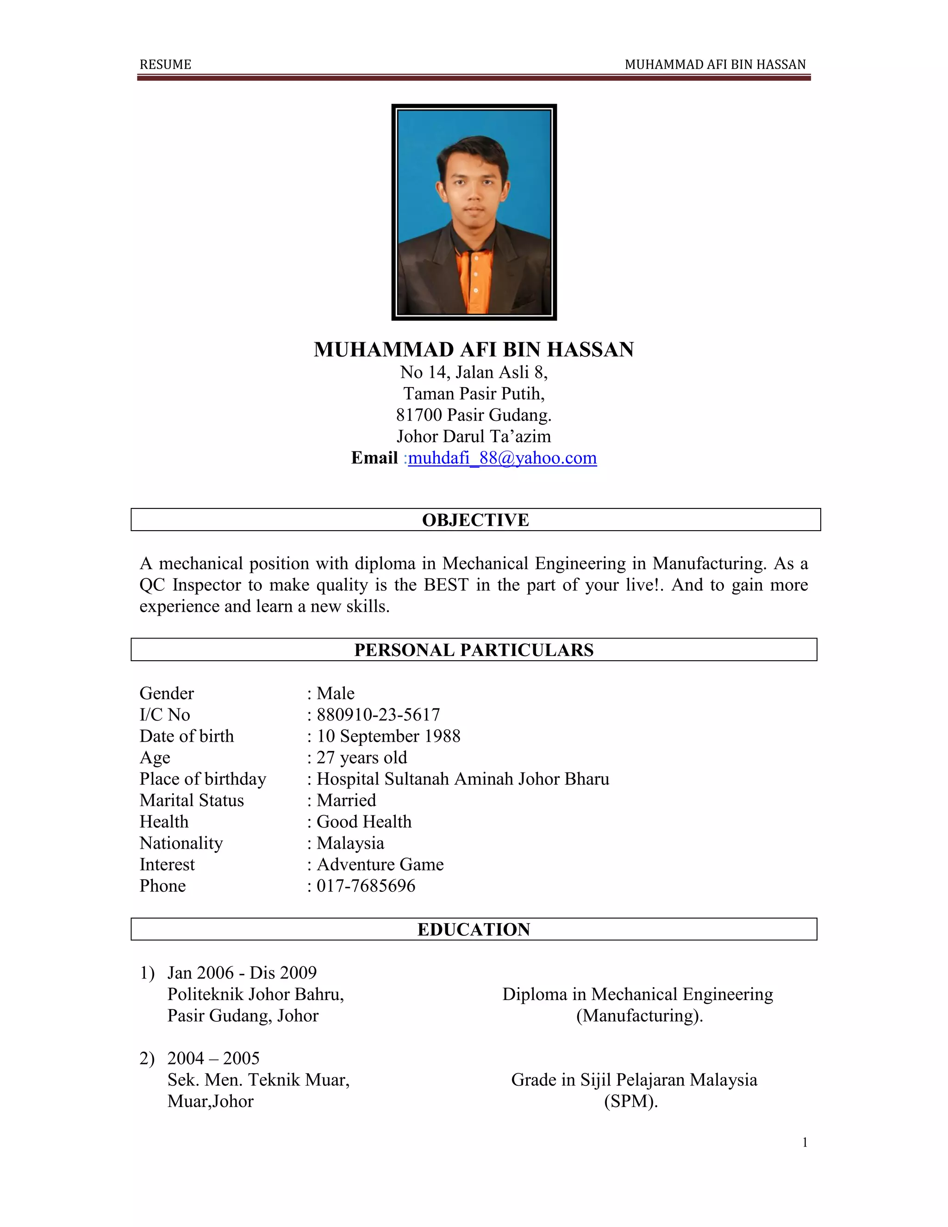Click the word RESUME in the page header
coord(165,65)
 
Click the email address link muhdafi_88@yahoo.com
coord(502,458)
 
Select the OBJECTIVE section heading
coord(475,520)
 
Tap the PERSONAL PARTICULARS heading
coord(474,650)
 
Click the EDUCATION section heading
coord(474,929)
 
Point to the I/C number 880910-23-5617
coord(378,714)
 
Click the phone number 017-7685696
coord(366,886)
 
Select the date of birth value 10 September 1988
coord(388,736)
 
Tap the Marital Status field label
coord(192,800)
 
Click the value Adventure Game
coord(380,864)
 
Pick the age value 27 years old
coord(362,757)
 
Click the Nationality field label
coord(181,843)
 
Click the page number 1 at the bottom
coord(805,1142)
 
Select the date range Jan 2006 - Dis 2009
coord(242,972)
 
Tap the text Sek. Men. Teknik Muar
coord(258,1080)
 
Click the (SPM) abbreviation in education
coord(631,1101)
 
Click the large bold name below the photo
coord(474,350)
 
